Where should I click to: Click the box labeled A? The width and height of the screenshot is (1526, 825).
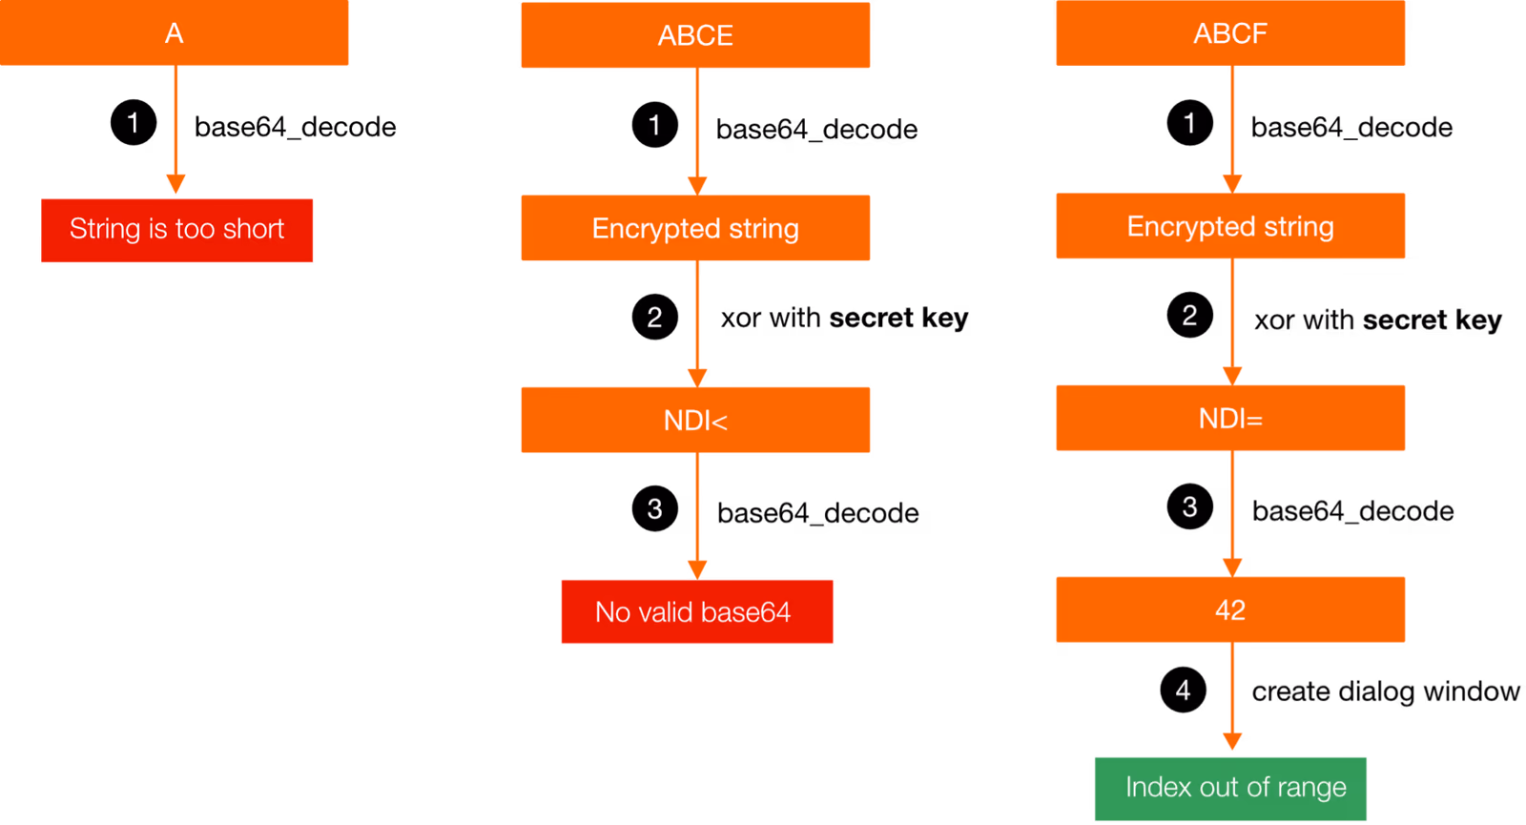(x=175, y=33)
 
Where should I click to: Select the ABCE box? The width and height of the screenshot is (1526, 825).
(x=695, y=35)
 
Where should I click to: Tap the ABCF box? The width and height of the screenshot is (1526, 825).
(x=1230, y=33)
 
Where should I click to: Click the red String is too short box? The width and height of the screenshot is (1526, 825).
(x=177, y=230)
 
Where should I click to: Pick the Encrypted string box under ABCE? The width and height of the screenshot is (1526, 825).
(x=695, y=228)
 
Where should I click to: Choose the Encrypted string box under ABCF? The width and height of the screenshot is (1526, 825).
(x=1230, y=226)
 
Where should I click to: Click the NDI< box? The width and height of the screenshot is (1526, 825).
(x=695, y=420)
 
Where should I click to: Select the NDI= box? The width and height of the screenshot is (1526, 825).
(x=1230, y=418)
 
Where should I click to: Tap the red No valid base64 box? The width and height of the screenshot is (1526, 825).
(x=696, y=611)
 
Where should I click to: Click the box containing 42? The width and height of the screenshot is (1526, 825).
(x=1230, y=609)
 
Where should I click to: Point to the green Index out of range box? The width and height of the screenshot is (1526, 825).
(x=1230, y=788)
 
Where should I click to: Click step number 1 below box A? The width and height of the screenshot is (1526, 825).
(x=134, y=122)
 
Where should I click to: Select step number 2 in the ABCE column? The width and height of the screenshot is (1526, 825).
(x=654, y=318)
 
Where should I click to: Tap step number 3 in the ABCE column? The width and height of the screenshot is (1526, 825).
(x=654, y=509)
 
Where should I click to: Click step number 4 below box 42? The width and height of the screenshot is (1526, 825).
(x=1183, y=690)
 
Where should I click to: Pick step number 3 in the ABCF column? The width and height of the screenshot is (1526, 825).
(x=1189, y=506)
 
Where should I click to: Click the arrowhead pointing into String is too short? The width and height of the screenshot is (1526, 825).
(x=175, y=184)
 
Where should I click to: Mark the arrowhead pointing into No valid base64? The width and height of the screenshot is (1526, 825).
(x=697, y=569)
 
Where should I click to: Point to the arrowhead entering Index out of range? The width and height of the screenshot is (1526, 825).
(x=1232, y=741)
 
